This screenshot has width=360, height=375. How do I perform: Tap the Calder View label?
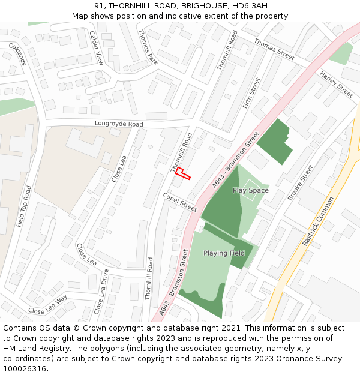pyautogui.click(x=97, y=48)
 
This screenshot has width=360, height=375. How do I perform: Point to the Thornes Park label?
pyautogui.click(x=148, y=47)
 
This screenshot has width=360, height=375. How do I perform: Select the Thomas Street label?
pyautogui.click(x=274, y=49)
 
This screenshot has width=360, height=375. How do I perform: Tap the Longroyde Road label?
pyautogui.click(x=119, y=124)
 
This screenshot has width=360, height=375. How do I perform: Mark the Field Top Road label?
pyautogui.click(x=24, y=206)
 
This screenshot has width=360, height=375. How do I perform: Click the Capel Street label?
pyautogui.click(x=180, y=202)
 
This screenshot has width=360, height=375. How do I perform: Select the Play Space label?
pyautogui.click(x=251, y=190)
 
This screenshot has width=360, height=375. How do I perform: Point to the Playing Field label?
pyautogui.click(x=224, y=253)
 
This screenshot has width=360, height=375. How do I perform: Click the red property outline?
pyautogui.click(x=182, y=173)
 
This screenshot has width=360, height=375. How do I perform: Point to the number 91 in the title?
pyautogui.click(x=99, y=6)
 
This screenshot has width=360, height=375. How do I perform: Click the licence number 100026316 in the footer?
pyautogui.click(x=25, y=368)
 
